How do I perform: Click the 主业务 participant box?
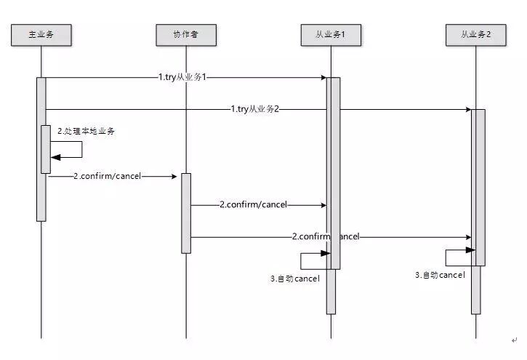(x=41, y=34)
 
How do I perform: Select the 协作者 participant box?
(x=186, y=34)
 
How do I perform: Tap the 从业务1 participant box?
(x=331, y=34)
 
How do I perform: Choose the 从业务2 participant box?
(x=476, y=34)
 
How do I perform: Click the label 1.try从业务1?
(x=184, y=76)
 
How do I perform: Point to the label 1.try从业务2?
(x=256, y=109)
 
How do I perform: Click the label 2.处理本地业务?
(x=87, y=131)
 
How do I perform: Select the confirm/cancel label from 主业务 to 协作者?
(x=108, y=177)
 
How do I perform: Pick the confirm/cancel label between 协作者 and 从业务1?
(x=254, y=205)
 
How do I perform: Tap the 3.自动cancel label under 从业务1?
(x=294, y=279)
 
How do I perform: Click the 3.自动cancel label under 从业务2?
(x=440, y=275)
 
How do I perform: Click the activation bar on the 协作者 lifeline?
(x=186, y=212)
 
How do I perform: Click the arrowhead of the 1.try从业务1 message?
(x=322, y=77)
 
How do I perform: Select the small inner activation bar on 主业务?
(x=46, y=149)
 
